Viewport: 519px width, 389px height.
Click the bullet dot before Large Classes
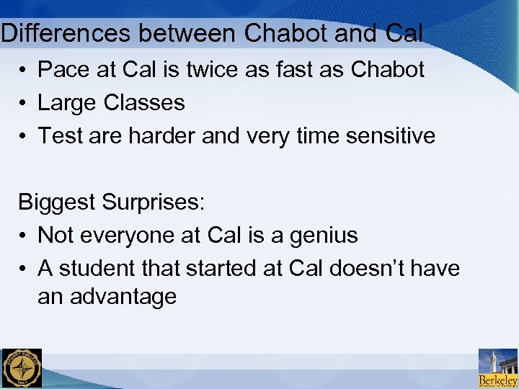[24, 103]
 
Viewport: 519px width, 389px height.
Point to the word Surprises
[154, 202]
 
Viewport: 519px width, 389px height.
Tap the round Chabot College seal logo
[22, 368]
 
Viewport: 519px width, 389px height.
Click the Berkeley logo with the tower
[498, 368]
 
